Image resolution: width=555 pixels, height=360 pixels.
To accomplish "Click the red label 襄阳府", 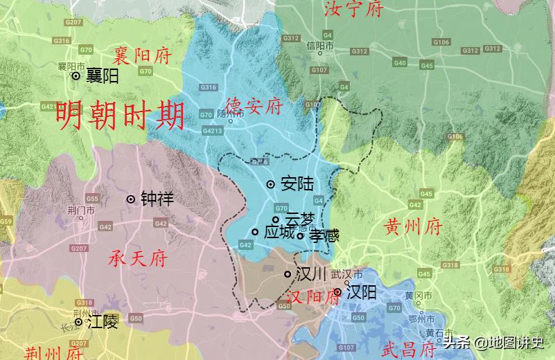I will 143,54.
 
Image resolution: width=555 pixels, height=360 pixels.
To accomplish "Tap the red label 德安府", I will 255,106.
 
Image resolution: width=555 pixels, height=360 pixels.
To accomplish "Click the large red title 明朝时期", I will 121,116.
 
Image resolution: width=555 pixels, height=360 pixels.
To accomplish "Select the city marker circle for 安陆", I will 271,184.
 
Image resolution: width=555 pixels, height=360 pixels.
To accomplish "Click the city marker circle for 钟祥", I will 130,199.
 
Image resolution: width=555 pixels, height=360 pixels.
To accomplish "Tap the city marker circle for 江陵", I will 79,322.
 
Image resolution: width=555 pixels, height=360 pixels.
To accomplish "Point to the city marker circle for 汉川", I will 288,275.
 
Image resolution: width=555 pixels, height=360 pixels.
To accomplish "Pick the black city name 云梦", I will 299,219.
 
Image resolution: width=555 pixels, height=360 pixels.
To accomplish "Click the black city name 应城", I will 280,232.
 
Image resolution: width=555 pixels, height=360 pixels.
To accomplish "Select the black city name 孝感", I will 324,236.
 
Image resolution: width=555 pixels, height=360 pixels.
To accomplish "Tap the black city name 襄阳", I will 102,76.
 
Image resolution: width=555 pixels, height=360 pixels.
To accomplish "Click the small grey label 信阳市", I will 320,46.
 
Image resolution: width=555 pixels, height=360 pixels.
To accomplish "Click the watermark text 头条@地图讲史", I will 494,342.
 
